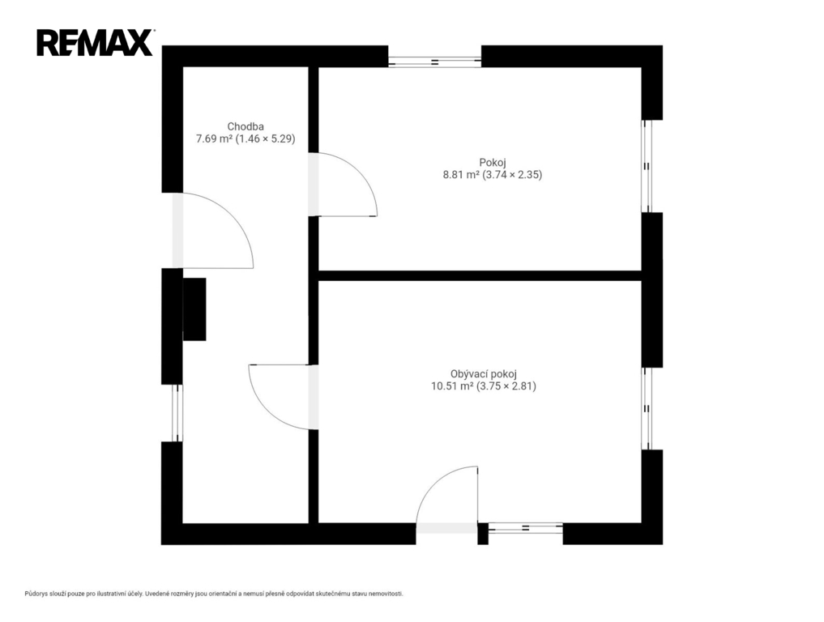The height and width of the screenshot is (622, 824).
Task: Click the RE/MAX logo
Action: pyautogui.click(x=95, y=43)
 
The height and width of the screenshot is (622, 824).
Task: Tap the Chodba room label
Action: pyautogui.click(x=245, y=126)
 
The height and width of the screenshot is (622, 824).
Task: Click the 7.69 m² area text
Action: pyautogui.click(x=214, y=139)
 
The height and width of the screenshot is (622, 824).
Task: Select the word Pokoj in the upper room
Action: pyautogui.click(x=493, y=162)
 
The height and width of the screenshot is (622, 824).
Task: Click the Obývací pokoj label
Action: pyautogui.click(x=484, y=374)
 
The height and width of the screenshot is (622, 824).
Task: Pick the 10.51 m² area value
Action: pyautogui.click(x=452, y=386)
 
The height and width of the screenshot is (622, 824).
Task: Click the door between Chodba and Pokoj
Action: pyautogui.click(x=343, y=185)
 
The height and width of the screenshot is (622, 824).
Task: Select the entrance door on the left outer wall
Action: pyautogui.click(x=213, y=231)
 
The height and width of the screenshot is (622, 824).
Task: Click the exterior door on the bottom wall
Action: pyautogui.click(x=447, y=500)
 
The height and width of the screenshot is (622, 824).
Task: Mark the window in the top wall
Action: pyautogui.click(x=434, y=62)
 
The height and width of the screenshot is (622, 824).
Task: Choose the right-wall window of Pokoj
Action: pyautogui.click(x=647, y=166)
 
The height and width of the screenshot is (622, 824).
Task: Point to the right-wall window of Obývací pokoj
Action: pyautogui.click(x=647, y=408)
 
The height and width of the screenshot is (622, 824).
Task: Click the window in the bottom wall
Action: pyautogui.click(x=526, y=528)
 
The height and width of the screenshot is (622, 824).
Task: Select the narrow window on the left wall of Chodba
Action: pyautogui.click(x=177, y=413)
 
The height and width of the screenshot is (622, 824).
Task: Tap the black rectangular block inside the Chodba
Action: pyautogui.click(x=194, y=309)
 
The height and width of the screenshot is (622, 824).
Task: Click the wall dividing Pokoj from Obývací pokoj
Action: pyautogui.click(x=480, y=276)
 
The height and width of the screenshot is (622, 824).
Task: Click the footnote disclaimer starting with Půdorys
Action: pyautogui.click(x=214, y=594)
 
